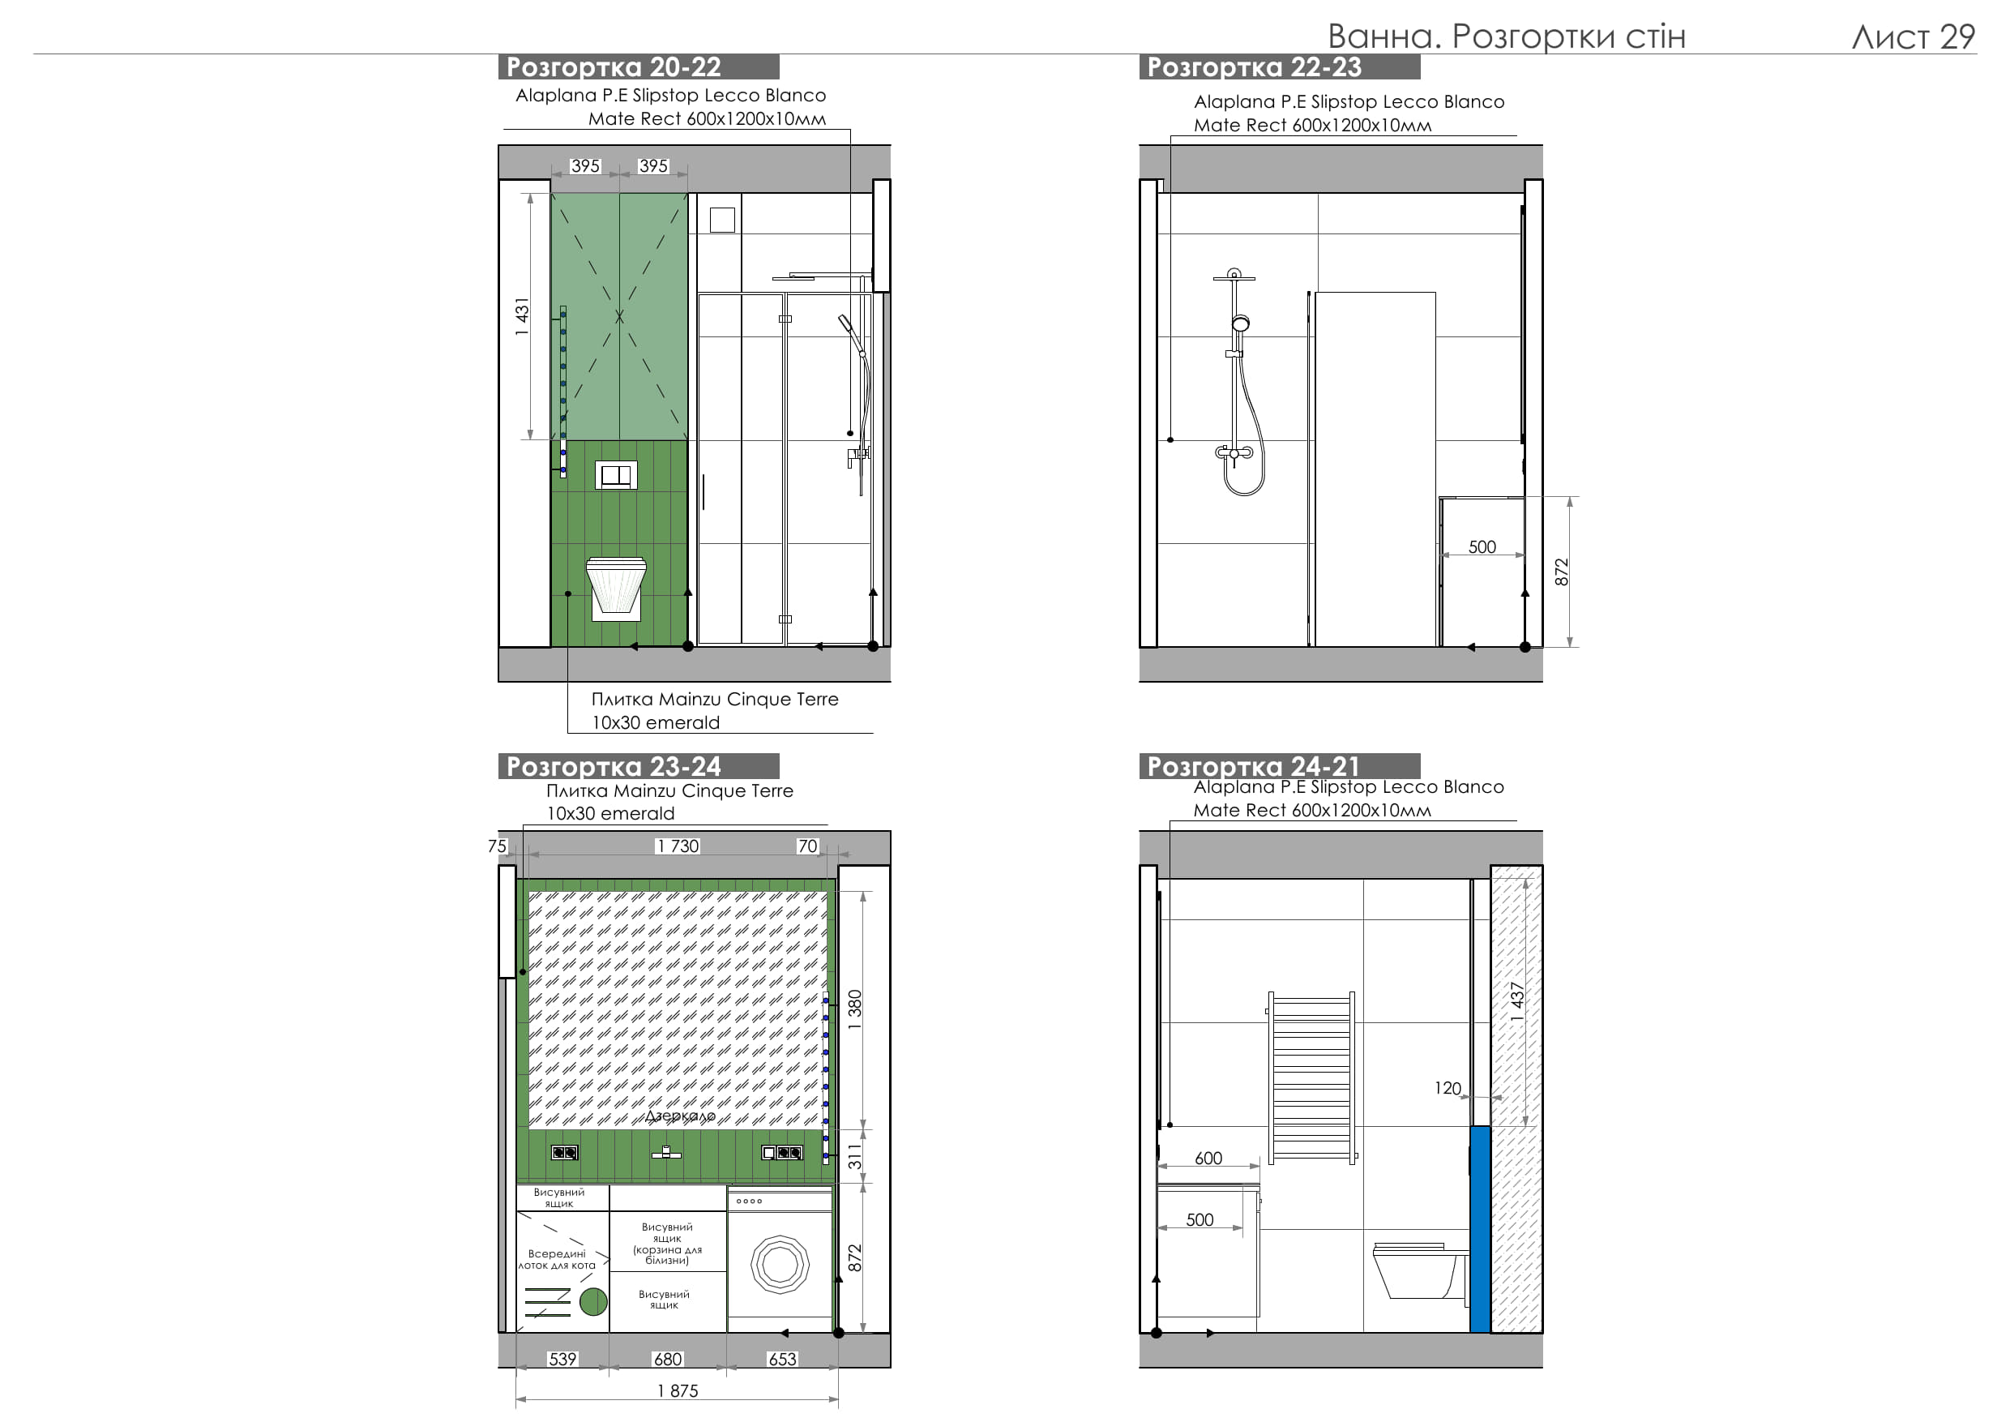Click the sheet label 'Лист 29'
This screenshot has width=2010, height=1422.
[1913, 36]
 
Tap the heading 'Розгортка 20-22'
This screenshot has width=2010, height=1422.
[614, 66]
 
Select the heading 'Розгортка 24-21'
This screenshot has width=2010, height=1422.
[1254, 766]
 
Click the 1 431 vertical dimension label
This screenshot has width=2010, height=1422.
[523, 316]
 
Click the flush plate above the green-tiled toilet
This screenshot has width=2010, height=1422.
[616, 475]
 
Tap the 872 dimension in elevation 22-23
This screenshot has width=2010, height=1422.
[1562, 572]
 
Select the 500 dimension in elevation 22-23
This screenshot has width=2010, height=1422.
[1482, 547]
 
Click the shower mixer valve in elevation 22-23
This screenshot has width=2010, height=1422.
[1234, 452]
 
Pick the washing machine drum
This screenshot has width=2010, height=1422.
[780, 1265]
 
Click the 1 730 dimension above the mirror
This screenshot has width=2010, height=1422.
[678, 846]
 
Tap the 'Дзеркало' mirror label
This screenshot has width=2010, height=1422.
[680, 1116]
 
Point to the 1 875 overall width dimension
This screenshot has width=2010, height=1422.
[678, 1390]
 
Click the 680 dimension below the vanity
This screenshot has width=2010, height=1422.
[668, 1359]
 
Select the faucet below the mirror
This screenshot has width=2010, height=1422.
[666, 1152]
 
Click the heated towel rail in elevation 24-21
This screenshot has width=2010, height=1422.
[1311, 1078]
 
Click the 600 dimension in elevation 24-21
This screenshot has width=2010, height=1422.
[1208, 1159]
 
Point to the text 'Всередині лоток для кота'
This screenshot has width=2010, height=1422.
[557, 1259]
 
